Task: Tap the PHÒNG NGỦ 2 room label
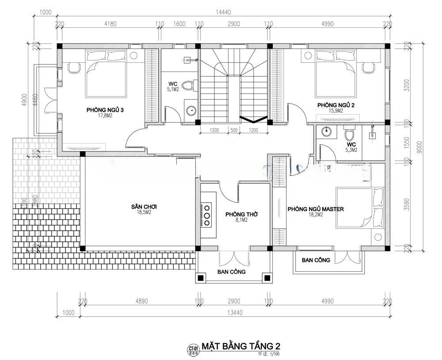click(335, 105)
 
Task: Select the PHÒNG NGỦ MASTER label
click(315, 209)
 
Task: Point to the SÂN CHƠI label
click(144, 207)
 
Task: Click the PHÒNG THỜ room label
click(241, 214)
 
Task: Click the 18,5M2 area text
click(144, 212)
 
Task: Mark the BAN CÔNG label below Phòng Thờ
click(231, 272)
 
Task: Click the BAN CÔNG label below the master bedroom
click(316, 260)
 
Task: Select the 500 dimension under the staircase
click(234, 130)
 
